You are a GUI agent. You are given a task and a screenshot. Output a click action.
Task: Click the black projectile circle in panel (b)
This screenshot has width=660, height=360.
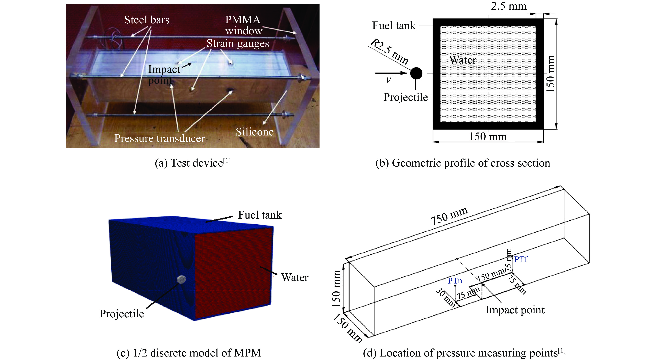[416, 73]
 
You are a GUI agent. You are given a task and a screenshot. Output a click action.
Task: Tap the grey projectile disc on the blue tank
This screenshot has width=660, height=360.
[182, 280]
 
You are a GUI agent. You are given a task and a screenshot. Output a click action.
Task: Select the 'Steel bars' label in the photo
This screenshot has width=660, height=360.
[147, 20]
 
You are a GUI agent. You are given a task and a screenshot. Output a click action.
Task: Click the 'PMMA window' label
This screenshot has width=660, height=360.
[243, 25]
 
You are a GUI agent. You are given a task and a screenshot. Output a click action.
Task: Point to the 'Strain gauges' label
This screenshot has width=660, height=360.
[238, 43]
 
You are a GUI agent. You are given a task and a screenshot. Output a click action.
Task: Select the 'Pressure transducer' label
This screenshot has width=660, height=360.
[159, 138]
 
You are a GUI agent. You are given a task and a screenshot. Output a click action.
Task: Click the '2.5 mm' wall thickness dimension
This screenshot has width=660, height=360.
[509, 6]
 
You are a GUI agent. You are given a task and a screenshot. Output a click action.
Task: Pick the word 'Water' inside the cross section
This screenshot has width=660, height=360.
[463, 60]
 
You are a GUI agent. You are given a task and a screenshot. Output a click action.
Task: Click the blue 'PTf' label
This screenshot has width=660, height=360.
[521, 259]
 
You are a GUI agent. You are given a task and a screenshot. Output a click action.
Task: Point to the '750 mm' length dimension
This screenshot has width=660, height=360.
[449, 216]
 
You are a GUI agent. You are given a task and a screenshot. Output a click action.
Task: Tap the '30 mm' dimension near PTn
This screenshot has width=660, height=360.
[446, 297]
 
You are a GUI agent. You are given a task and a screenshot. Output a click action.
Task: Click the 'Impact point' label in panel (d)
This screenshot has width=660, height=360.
[515, 310]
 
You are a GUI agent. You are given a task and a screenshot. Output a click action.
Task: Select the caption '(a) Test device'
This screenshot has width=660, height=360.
[193, 163]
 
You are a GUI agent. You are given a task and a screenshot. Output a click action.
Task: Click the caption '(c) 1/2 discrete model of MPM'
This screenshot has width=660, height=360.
[189, 353]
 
